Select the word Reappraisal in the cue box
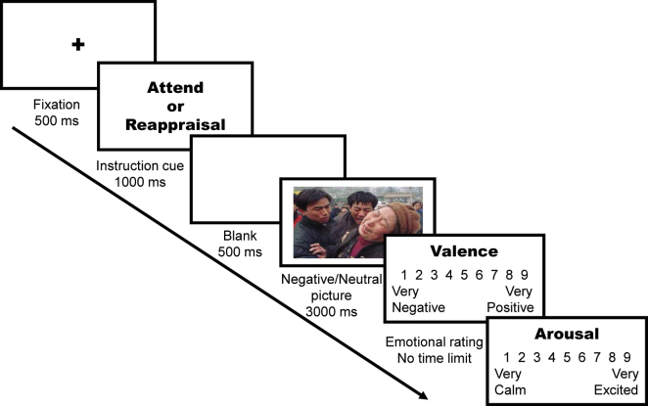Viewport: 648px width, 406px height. pos(173,124)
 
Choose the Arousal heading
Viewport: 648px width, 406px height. pos(568,334)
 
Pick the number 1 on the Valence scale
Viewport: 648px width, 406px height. pos(395,275)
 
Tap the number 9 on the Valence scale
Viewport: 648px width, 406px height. pos(526,275)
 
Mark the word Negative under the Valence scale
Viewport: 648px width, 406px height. pos(418,307)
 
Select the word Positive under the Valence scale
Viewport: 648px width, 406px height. pos(510,307)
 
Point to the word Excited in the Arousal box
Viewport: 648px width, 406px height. pos(617,389)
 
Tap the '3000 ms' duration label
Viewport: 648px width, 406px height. pos(330,312)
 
